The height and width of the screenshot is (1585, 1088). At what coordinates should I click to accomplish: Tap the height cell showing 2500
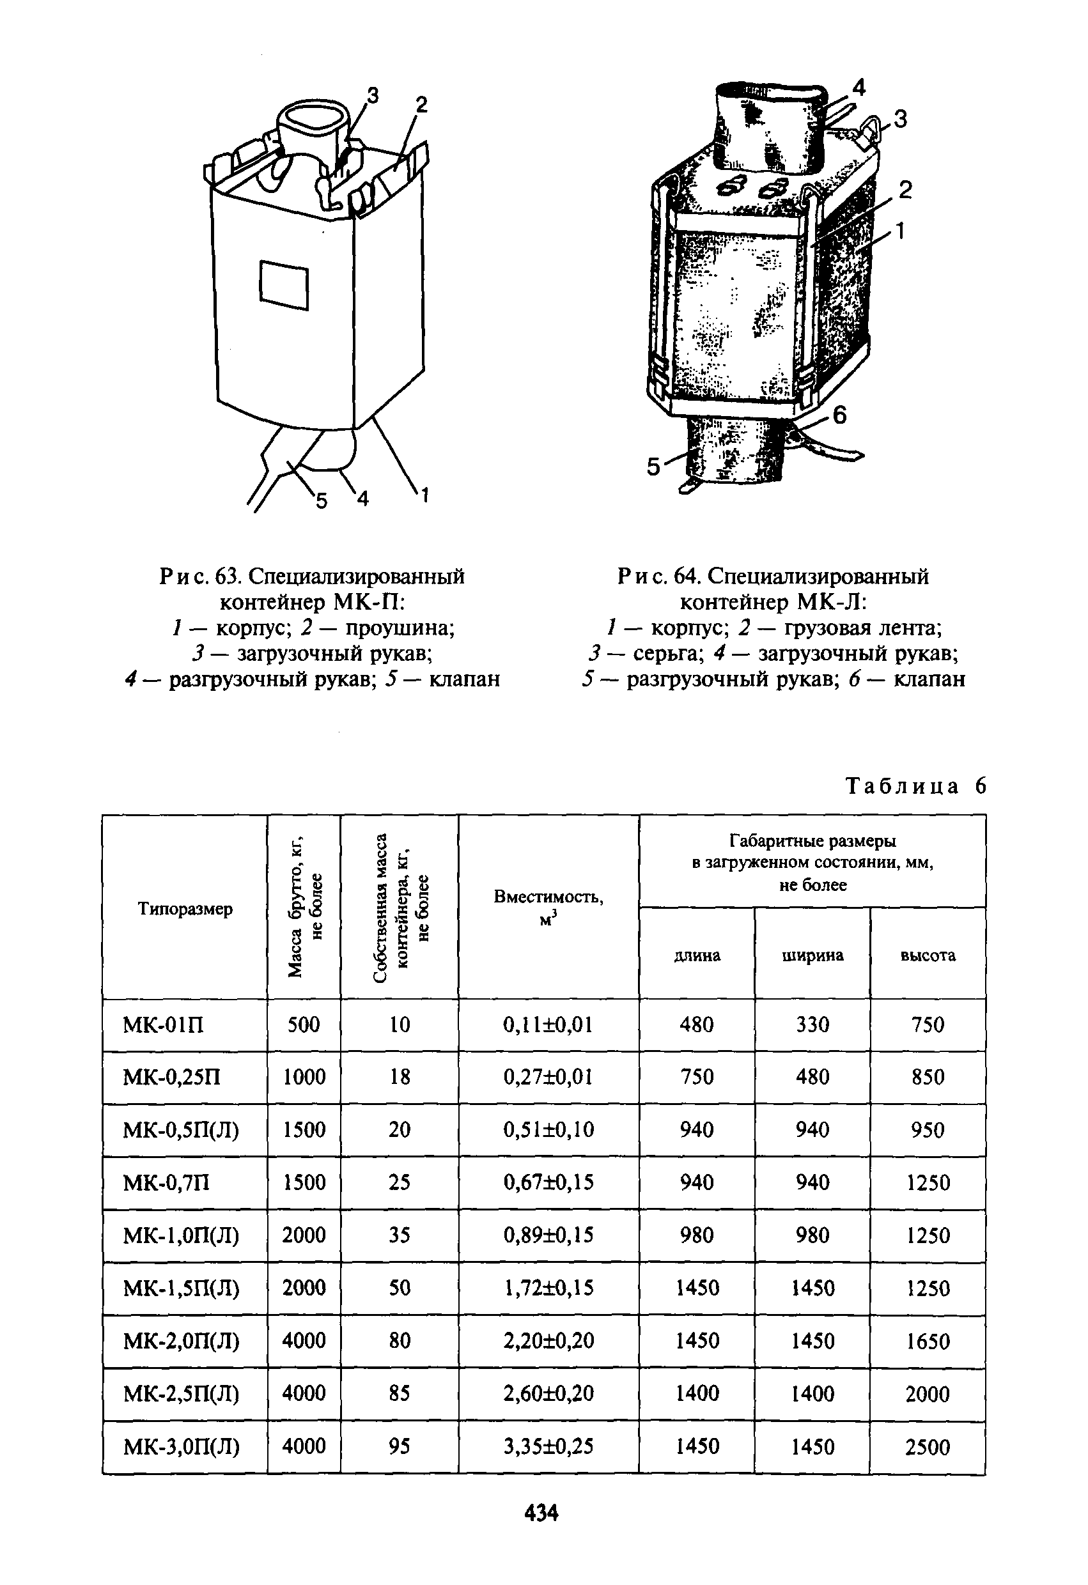[928, 1447]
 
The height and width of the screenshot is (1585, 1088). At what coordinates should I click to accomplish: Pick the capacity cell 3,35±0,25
[548, 1446]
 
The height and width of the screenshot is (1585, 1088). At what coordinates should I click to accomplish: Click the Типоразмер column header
[185, 908]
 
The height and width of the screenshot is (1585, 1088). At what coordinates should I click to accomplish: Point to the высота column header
[928, 955]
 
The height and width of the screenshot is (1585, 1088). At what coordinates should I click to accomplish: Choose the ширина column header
[812, 955]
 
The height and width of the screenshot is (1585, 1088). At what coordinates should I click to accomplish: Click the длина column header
[697, 955]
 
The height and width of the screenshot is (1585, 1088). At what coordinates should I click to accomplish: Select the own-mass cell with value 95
[399, 1446]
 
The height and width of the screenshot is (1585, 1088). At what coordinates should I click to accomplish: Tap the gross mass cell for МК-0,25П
[304, 1077]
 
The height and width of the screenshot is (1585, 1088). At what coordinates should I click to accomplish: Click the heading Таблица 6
[916, 786]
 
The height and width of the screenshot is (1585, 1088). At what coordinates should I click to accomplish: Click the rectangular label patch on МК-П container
[284, 285]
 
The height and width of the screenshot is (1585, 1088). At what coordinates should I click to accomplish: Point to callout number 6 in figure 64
[840, 414]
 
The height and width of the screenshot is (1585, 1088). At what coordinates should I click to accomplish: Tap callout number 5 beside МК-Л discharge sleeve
[653, 467]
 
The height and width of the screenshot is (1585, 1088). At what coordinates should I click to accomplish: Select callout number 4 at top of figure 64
[859, 87]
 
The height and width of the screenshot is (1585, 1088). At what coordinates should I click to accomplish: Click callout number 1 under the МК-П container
[424, 496]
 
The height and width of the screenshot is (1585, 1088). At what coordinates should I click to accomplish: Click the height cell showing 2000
[928, 1394]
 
